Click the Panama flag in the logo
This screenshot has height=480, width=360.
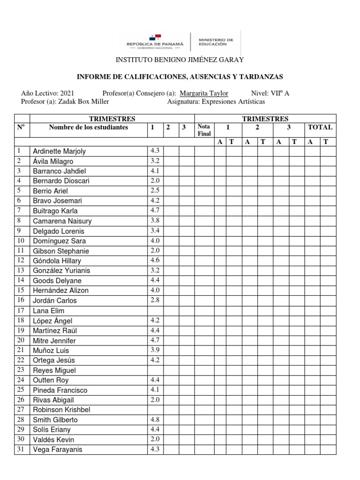156,37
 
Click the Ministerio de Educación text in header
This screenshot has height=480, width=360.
216,42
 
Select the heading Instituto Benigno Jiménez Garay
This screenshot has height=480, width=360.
180,60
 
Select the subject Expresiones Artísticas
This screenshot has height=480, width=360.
233,101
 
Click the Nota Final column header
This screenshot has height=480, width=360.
204,130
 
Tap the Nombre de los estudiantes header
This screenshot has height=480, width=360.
88,127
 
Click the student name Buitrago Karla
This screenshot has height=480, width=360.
55,211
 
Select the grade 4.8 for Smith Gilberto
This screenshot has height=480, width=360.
155,420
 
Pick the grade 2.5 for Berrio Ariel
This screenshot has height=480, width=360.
155,191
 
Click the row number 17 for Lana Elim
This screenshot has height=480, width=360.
21,310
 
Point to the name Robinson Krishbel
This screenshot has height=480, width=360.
61,410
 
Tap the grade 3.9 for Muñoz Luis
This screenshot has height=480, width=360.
155,350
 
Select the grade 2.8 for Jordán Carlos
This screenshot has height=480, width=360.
155,300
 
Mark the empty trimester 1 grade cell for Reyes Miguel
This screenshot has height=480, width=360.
155,370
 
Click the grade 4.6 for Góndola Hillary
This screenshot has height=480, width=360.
155,261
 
